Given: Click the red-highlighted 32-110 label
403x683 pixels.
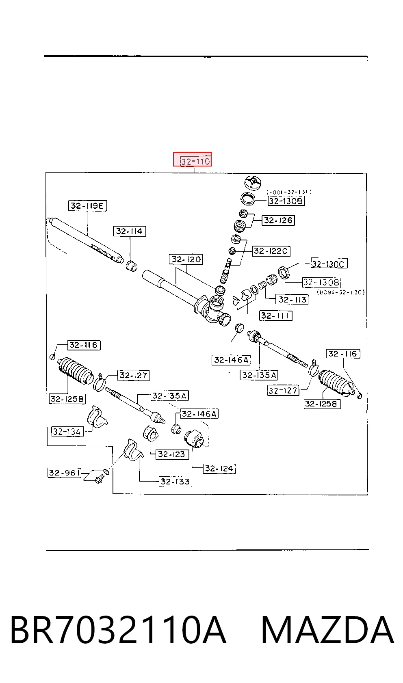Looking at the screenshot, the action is point(192,159).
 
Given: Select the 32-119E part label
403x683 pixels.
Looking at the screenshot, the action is point(87,205).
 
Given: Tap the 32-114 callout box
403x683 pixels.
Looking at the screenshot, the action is point(129,231).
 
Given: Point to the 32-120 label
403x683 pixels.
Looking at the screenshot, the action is point(186,259).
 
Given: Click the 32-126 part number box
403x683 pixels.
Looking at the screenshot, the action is point(278,220).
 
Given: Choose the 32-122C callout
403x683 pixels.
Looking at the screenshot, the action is point(271,251).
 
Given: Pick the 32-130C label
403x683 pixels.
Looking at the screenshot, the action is point(329,264).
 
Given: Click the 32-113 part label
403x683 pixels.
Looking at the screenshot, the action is point(292,299).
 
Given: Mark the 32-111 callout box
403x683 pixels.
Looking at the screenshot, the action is point(275,315).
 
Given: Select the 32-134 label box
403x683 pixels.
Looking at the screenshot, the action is point(67,432).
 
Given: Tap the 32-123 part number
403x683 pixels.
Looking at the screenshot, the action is point(172,454).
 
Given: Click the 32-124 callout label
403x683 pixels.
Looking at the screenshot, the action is point(219,468).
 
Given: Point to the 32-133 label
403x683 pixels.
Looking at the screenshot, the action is point(175,482).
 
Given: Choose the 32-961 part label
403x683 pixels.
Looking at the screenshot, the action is point(64,473).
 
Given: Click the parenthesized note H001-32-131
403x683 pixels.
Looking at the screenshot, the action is point(289,192).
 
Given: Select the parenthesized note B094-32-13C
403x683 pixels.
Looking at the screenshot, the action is point(341,292).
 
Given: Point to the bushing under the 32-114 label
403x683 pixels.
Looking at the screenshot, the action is point(132,266).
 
